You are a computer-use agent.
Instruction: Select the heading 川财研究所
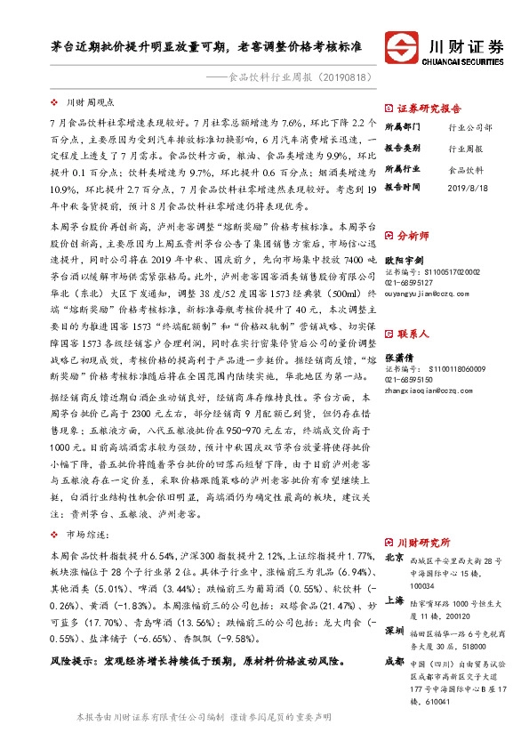coord(422,542)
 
